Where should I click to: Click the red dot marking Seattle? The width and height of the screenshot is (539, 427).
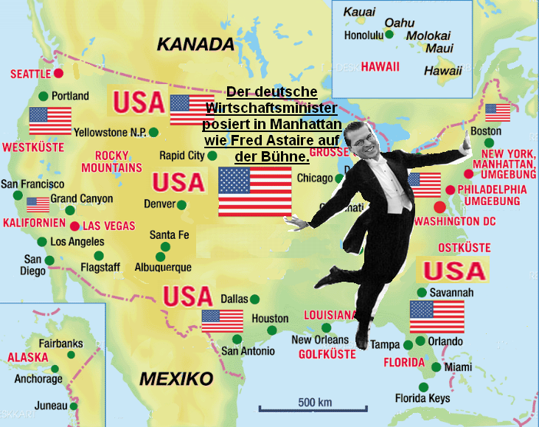click(59, 74)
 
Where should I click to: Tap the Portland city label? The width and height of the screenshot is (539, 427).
click(70, 96)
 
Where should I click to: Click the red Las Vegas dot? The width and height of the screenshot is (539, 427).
click(74, 226)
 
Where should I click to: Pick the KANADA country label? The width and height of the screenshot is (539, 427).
click(195, 44)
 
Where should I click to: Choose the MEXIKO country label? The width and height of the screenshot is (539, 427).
click(176, 379)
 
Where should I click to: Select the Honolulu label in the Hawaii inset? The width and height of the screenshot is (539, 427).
click(364, 35)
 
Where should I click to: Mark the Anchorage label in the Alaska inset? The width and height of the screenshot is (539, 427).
click(38, 379)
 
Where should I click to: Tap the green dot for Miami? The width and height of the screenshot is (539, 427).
click(437, 367)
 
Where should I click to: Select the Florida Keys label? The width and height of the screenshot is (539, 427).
click(422, 399)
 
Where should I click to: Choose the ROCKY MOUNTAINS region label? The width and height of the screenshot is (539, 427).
click(118, 162)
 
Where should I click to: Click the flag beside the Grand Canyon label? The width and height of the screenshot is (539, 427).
click(38, 204)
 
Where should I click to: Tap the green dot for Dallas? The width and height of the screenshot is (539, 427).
click(255, 299)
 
